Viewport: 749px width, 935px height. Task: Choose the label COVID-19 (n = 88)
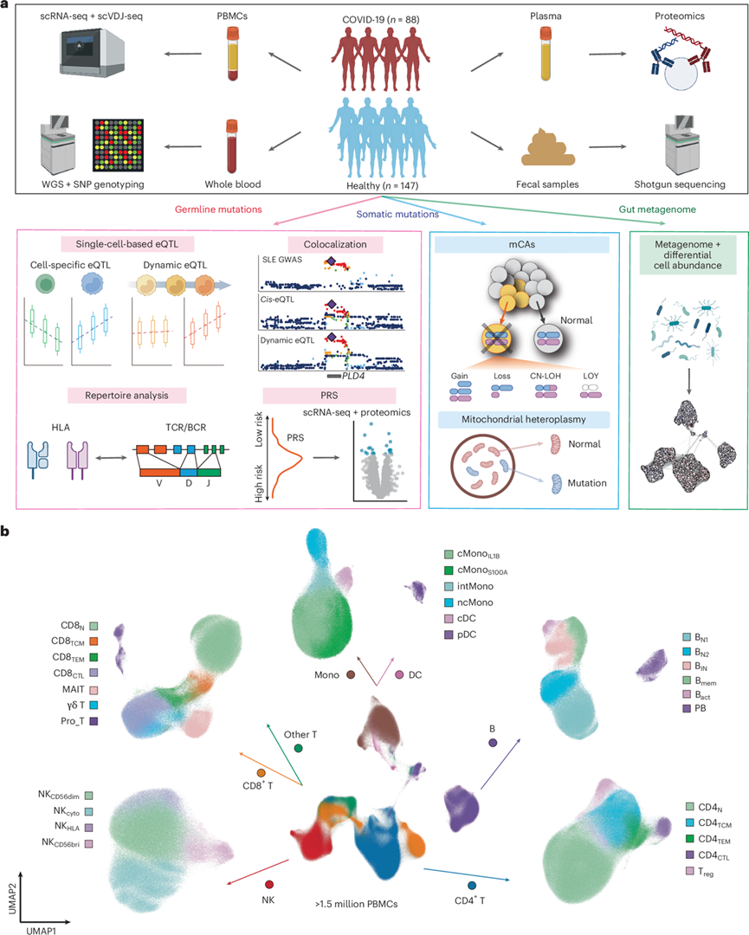point(374,18)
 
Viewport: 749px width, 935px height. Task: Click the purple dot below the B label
point(492,743)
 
